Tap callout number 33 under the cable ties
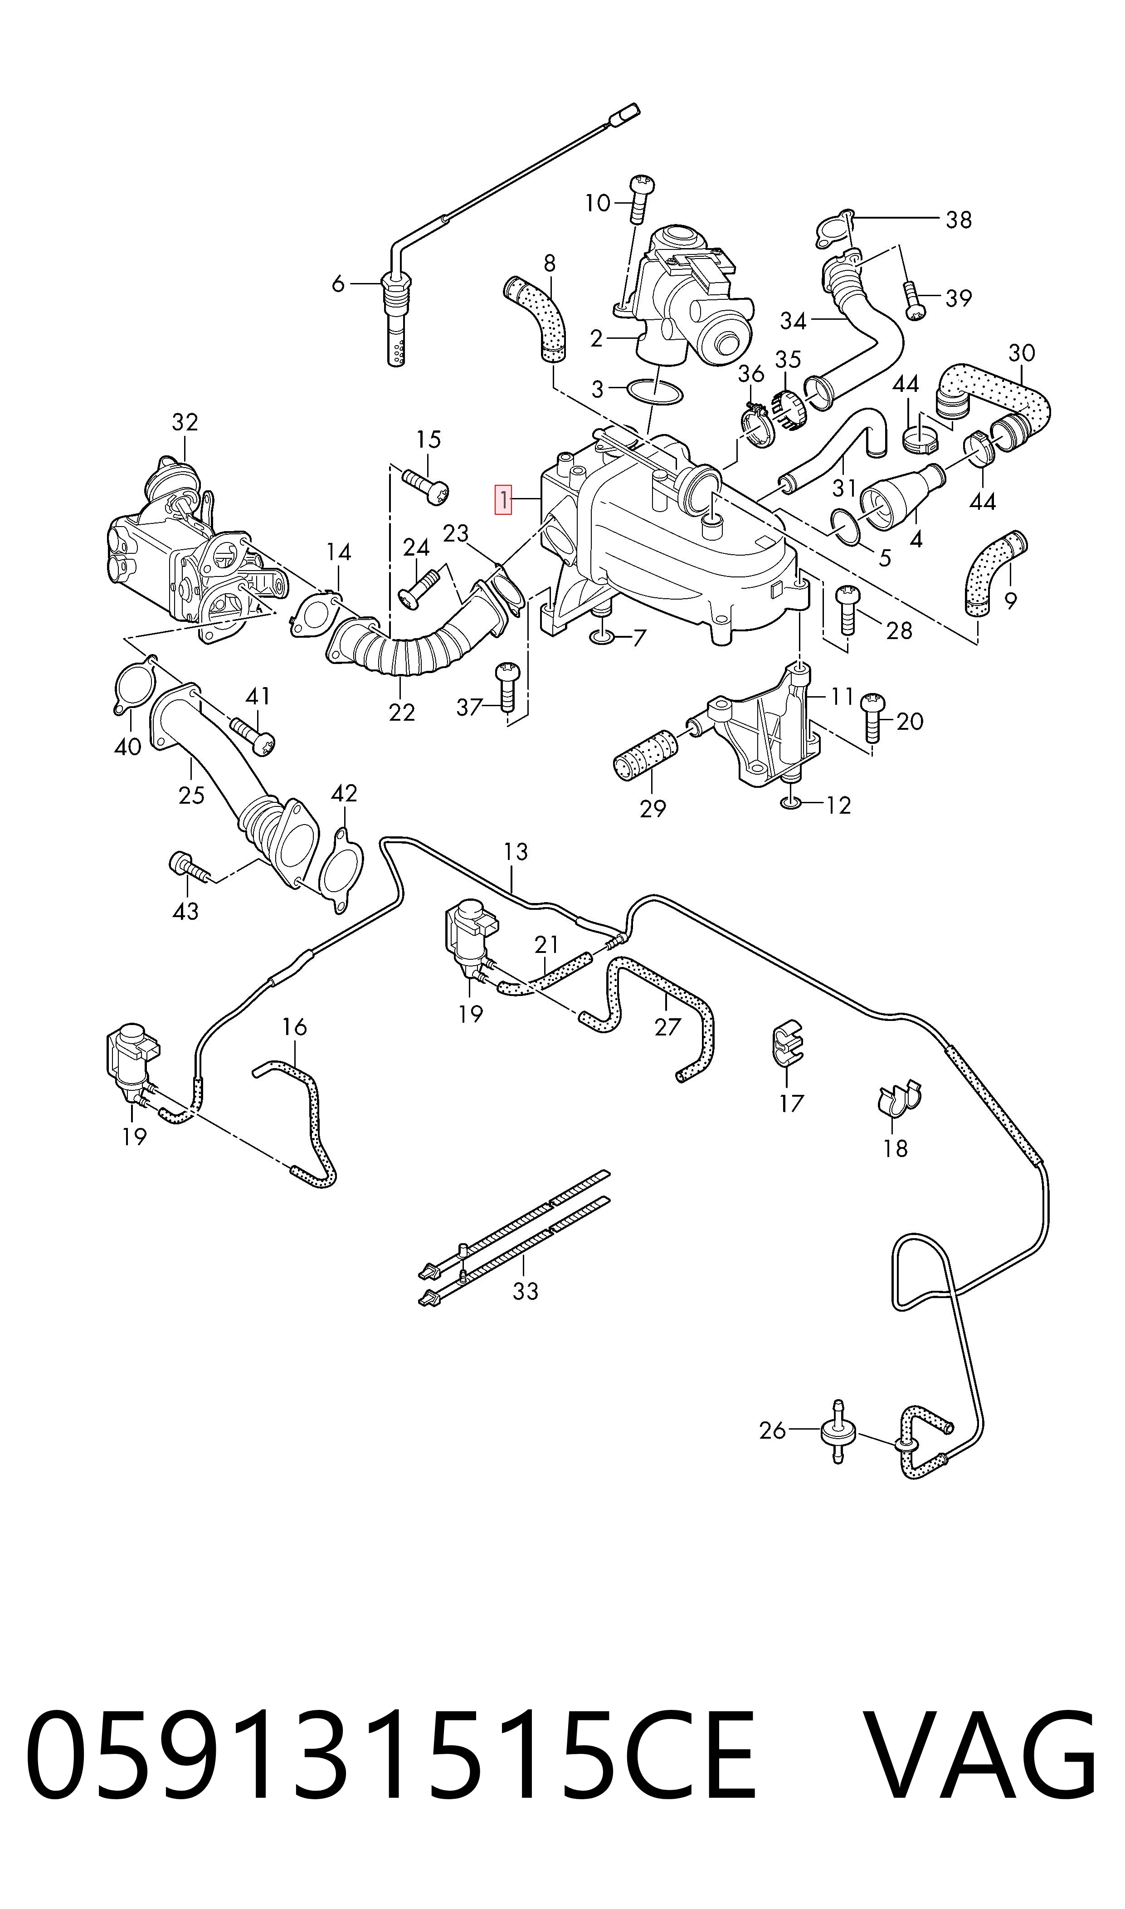click(525, 1289)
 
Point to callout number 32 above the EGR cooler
click(185, 422)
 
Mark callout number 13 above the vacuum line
click(516, 852)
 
